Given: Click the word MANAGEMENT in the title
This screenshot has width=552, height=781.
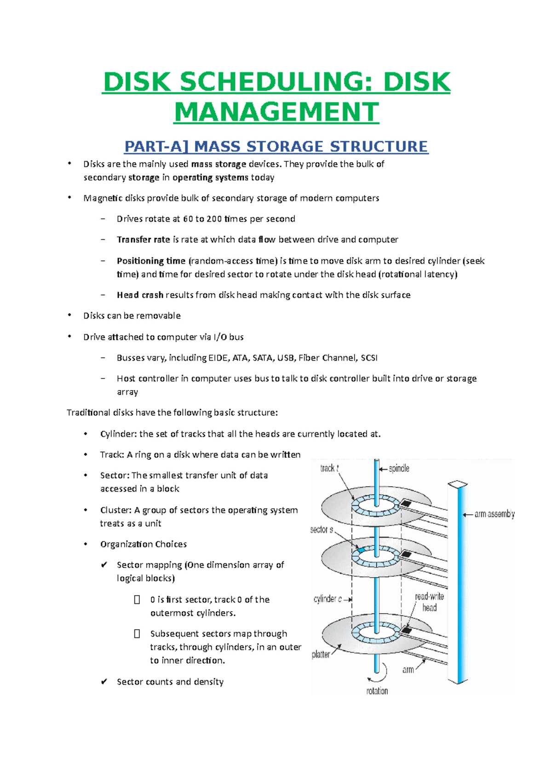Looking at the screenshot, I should pyautogui.click(x=276, y=112).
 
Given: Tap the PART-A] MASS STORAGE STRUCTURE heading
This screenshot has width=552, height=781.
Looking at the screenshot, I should pyautogui.click(x=276, y=146).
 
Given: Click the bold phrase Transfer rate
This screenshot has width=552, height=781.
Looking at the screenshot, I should pyautogui.click(x=143, y=240).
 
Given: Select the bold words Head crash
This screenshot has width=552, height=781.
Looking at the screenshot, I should pyautogui.click(x=140, y=295).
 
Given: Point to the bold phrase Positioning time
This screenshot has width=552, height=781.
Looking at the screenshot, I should pyautogui.click(x=151, y=261).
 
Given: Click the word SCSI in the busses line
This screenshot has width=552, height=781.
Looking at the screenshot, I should pyautogui.click(x=369, y=358).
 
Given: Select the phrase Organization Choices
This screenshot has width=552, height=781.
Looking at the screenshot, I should pyautogui.click(x=144, y=544).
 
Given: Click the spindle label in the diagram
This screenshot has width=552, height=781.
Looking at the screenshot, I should pyautogui.click(x=399, y=468).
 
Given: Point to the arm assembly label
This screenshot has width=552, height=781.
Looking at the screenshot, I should pyautogui.click(x=494, y=514).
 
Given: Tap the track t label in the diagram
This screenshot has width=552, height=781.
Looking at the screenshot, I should pyautogui.click(x=329, y=468).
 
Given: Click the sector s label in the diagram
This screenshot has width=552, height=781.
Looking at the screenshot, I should pyautogui.click(x=322, y=529).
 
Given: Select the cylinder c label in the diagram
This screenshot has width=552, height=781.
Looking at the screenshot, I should pyautogui.click(x=328, y=599).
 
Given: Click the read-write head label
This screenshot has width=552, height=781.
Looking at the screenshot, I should pyautogui.click(x=429, y=602).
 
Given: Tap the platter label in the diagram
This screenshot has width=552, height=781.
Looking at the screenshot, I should pyautogui.click(x=321, y=654).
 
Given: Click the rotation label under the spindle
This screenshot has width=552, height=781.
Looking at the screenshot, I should pyautogui.click(x=377, y=691).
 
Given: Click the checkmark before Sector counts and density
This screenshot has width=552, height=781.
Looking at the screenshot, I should pyautogui.click(x=104, y=682).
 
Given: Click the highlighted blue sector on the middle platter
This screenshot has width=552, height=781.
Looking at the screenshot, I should pyautogui.click(x=361, y=550).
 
